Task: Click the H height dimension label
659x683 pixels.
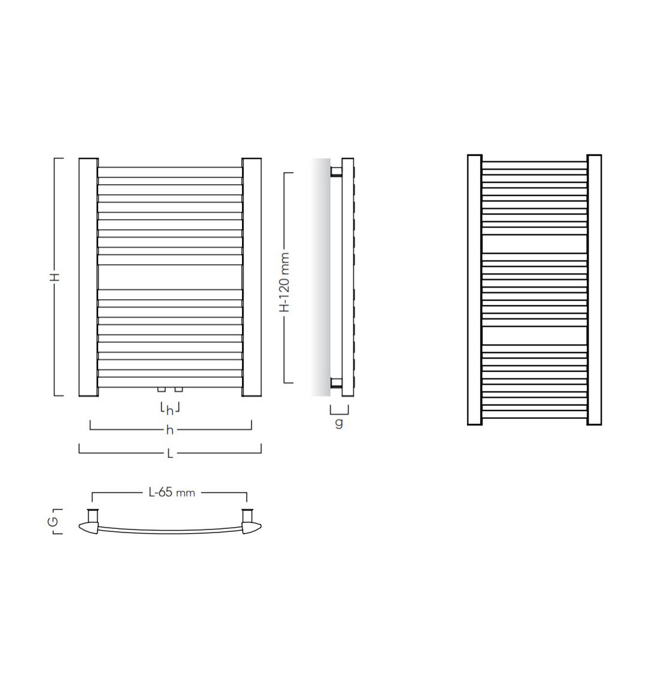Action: coord(55,277)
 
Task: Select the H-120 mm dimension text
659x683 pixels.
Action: coord(285,282)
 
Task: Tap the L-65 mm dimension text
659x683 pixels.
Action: coord(172,493)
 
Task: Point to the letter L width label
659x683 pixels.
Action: coord(170,454)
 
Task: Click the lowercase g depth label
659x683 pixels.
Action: coord(339,422)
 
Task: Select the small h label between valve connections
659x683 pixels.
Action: coord(170,410)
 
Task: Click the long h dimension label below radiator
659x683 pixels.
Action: coord(170,430)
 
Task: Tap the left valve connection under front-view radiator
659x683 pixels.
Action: coord(161,389)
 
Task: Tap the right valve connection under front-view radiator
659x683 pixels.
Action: coord(178,389)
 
